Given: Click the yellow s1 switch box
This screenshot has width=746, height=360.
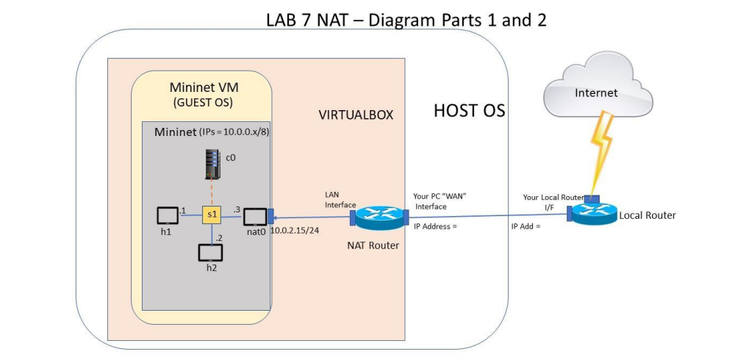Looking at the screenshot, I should [x=211, y=215].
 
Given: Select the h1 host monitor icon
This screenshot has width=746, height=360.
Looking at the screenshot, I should [x=168, y=216].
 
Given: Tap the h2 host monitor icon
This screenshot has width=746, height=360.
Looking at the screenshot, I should [x=211, y=252].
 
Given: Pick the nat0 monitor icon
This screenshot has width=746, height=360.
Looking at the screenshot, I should [x=255, y=217].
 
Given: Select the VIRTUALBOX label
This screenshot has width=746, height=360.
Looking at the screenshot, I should [x=356, y=115].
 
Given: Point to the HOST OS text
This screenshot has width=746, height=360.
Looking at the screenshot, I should [x=470, y=111].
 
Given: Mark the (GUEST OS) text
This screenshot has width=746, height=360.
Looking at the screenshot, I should [x=201, y=102].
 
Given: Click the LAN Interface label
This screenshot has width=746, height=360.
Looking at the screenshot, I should [x=340, y=200].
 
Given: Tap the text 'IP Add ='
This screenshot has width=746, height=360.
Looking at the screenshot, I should [x=526, y=226].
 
